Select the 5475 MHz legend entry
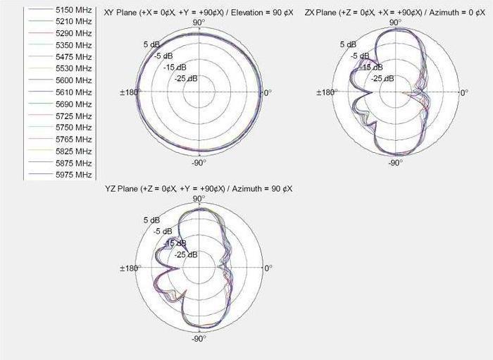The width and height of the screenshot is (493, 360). click(x=73, y=56)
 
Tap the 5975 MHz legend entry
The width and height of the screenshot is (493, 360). click(x=73, y=174)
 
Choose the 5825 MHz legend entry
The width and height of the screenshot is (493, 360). click(x=73, y=151)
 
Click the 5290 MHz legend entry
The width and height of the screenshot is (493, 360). click(x=73, y=32)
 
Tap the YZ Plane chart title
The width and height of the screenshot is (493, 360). click(x=199, y=188)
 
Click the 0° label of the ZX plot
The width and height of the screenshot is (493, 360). click(x=463, y=93)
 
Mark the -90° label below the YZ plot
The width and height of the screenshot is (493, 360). click(x=199, y=339)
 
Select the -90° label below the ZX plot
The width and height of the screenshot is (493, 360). click(x=395, y=163)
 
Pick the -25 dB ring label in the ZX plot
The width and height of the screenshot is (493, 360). click(x=382, y=78)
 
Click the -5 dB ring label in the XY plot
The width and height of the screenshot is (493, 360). click(x=163, y=56)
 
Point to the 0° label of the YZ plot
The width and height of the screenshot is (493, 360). click(x=267, y=268)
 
